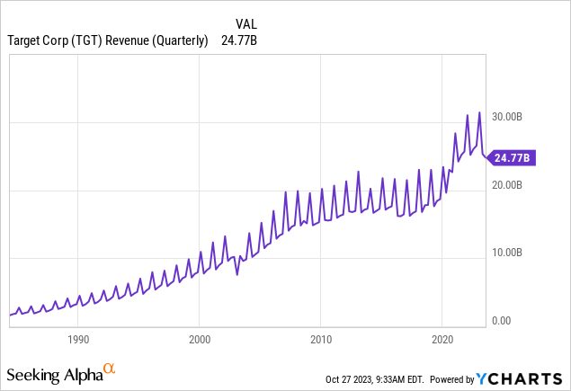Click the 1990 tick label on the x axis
[x=78, y=341]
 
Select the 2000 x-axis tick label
[x=200, y=341]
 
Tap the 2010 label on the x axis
[x=321, y=341]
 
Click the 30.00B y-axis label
[x=514, y=117]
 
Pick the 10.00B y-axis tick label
[x=514, y=253]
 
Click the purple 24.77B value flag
[x=513, y=157]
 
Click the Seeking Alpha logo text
[x=54, y=373]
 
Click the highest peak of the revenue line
[x=480, y=112]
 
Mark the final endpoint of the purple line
[x=486, y=156]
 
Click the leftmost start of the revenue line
[x=10, y=315]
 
